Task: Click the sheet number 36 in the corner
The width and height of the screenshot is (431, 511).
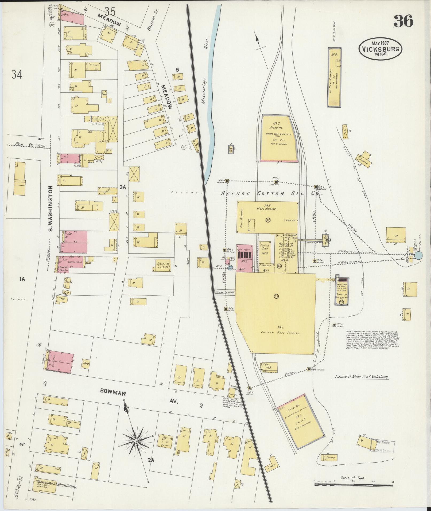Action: tap(403, 21)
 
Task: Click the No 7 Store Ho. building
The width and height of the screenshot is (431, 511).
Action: tap(279, 138)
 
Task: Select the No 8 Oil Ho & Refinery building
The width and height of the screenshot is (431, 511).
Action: tap(334, 77)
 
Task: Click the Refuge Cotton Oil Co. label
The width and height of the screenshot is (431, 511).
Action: tap(271, 193)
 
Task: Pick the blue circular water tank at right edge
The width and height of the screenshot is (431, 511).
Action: tap(418, 256)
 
